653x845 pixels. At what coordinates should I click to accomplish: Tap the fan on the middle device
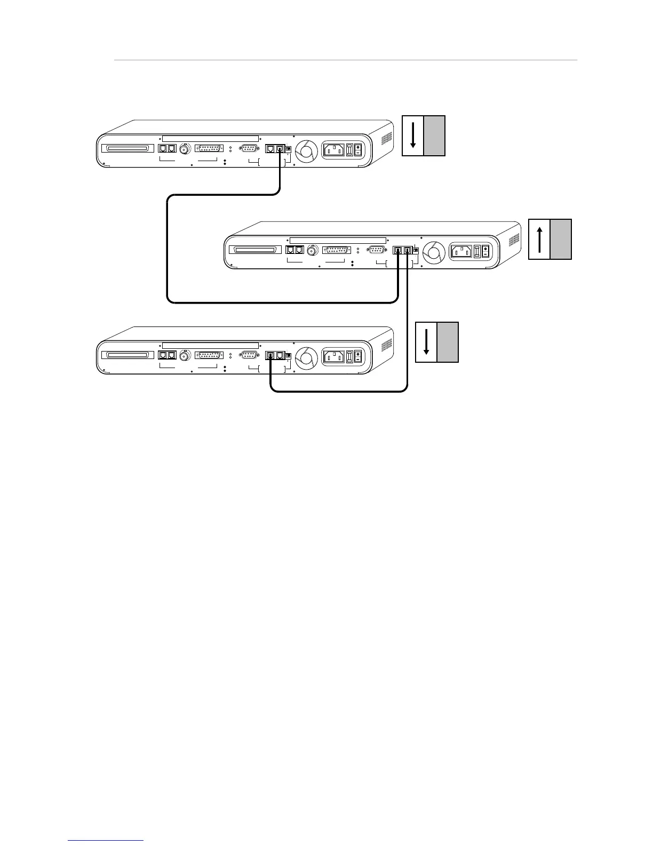(x=434, y=251)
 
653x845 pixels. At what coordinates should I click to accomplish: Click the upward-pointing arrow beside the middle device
(x=539, y=239)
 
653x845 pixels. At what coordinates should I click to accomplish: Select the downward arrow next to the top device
(x=413, y=135)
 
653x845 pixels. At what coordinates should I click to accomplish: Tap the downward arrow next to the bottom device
(x=426, y=342)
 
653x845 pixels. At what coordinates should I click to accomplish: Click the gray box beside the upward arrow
(x=561, y=239)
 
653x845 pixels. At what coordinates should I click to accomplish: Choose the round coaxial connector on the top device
(x=185, y=149)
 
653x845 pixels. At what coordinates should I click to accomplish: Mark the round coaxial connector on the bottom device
(x=185, y=355)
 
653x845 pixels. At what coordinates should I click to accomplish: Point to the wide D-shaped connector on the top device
(x=209, y=149)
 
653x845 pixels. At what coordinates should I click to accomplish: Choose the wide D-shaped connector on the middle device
(x=336, y=250)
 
